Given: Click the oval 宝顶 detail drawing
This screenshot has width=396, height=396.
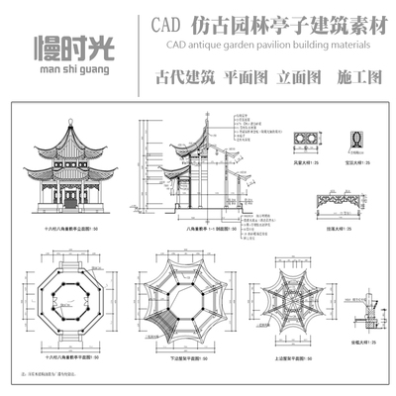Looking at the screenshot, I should (346, 141).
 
